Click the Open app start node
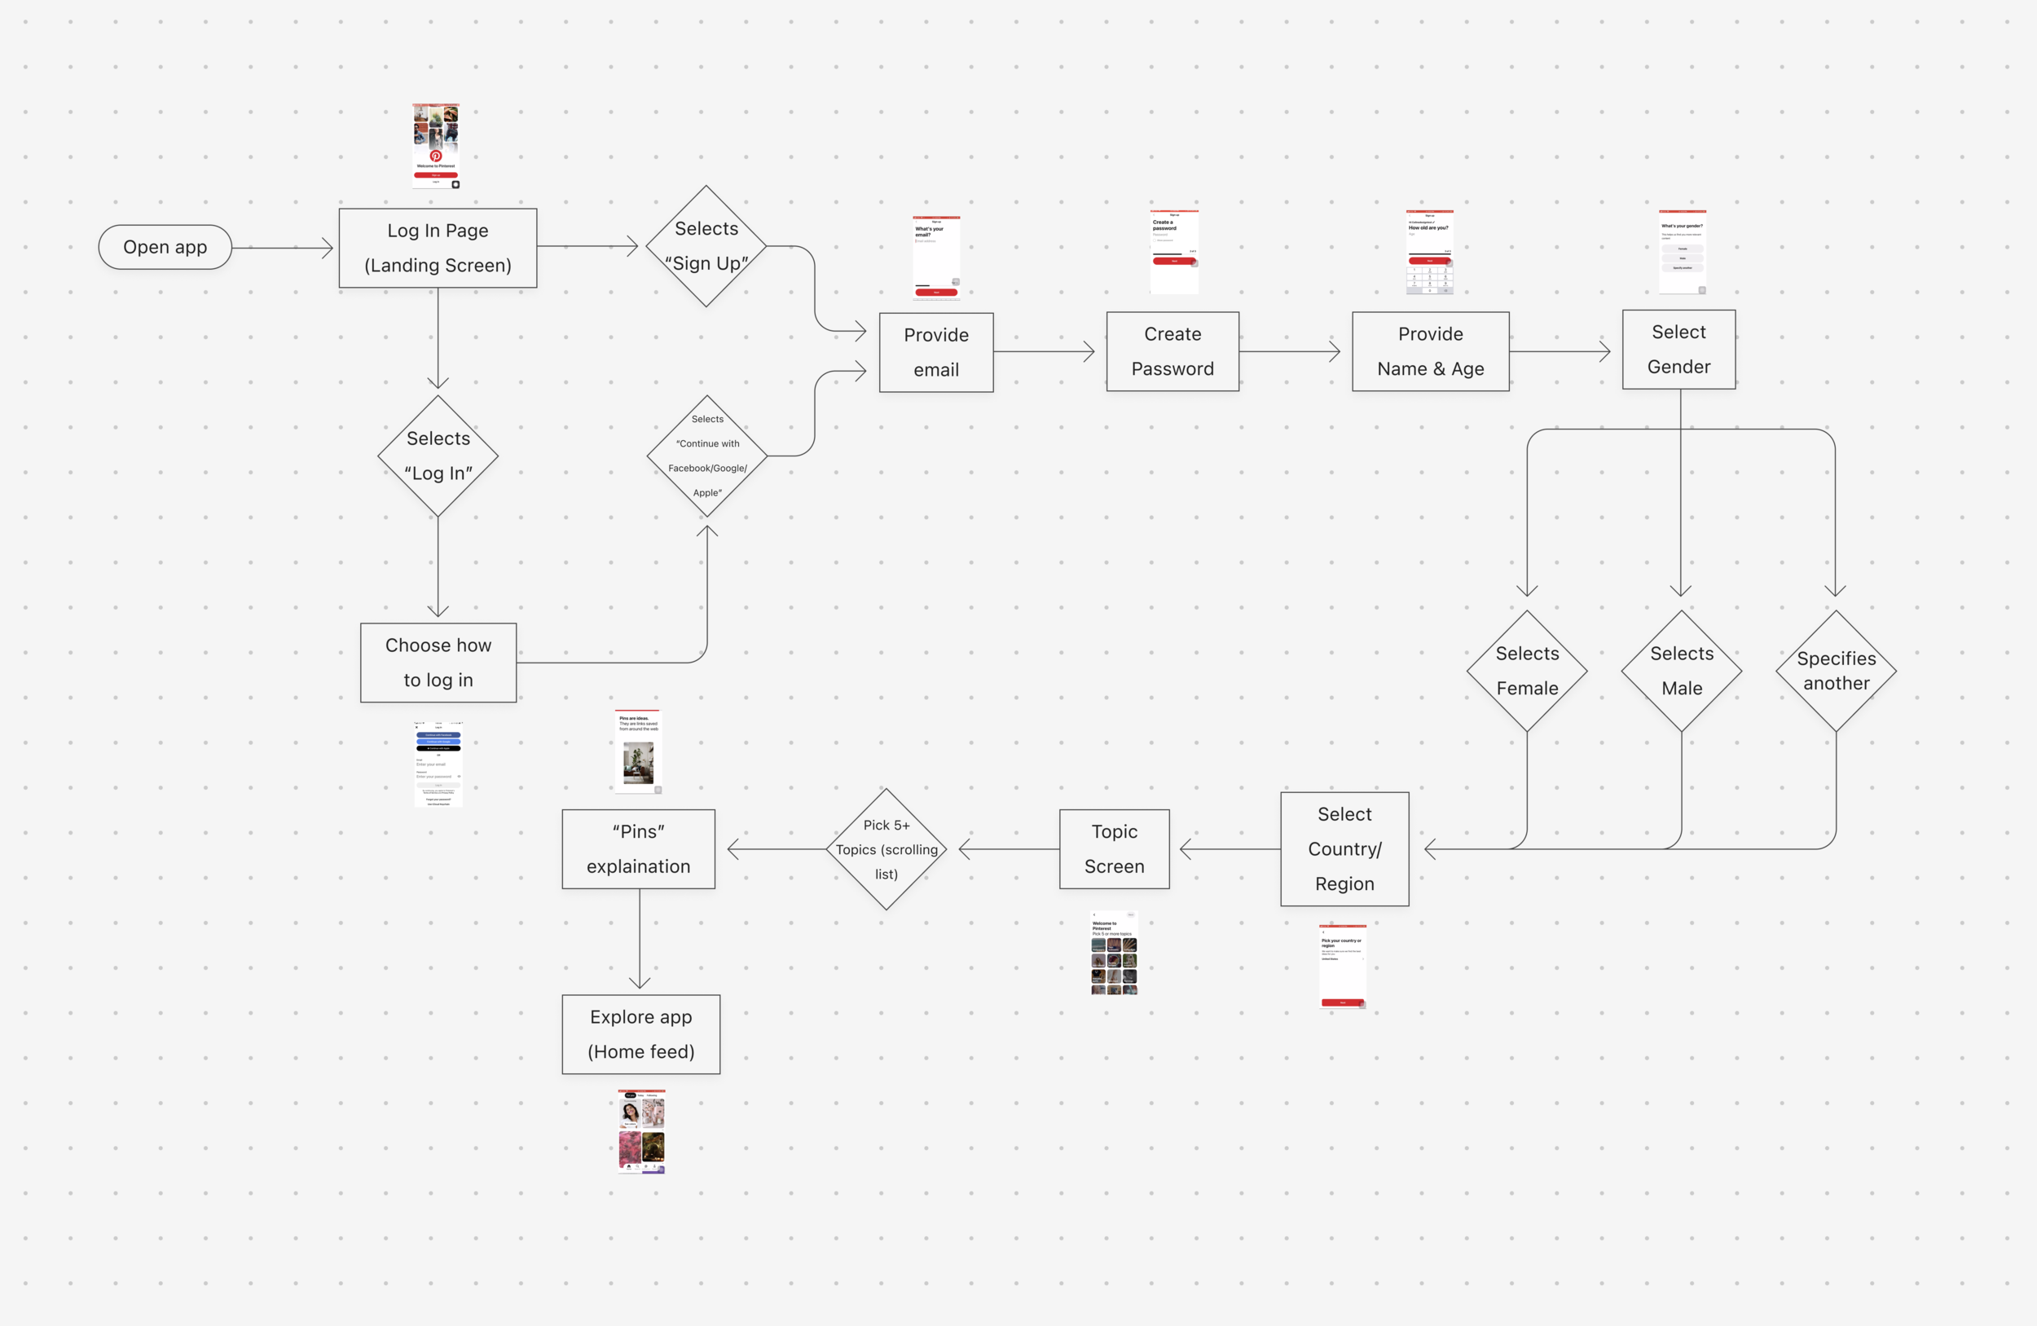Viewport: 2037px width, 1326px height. [165, 248]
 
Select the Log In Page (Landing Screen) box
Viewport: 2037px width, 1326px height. [438, 249]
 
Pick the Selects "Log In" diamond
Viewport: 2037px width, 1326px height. [438, 456]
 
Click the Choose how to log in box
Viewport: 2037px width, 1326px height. [438, 663]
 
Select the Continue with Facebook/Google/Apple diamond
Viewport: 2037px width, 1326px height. [707, 456]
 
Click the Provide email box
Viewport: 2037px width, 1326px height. [936, 353]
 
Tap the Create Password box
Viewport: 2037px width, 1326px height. [1172, 352]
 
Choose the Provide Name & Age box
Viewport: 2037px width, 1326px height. [1430, 352]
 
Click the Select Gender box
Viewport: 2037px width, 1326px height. [1678, 350]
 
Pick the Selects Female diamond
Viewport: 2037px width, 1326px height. [1527, 671]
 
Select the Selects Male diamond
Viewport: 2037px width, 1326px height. [1682, 671]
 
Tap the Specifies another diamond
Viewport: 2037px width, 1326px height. [1836, 671]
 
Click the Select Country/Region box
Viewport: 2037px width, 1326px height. [1344, 849]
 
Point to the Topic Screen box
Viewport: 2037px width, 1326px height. [1115, 849]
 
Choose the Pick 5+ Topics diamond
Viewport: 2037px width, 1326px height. [887, 849]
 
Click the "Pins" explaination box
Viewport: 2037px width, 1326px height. [639, 849]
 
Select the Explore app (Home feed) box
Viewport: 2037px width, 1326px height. [641, 1034]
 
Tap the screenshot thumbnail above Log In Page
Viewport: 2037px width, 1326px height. [437, 147]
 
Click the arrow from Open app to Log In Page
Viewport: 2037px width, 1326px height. [283, 249]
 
